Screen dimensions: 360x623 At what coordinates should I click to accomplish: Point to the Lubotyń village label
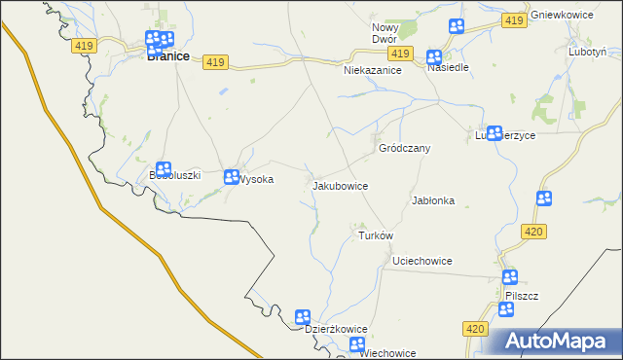tap(589, 52)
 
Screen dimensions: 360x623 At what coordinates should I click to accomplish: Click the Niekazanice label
tap(373, 71)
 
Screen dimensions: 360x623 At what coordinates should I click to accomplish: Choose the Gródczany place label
tap(404, 148)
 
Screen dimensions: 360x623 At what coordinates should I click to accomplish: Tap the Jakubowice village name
tap(340, 184)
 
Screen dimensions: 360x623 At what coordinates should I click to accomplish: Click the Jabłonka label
tap(433, 200)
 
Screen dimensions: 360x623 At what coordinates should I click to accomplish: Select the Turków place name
tap(375, 236)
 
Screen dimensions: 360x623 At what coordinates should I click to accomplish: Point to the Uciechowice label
tap(421, 262)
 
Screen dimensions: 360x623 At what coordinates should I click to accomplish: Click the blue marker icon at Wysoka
tap(232, 177)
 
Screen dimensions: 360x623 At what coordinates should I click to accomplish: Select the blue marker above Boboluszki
tap(164, 170)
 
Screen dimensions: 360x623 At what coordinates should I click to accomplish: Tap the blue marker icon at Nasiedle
tap(434, 57)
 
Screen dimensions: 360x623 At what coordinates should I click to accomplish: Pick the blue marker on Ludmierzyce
tap(494, 132)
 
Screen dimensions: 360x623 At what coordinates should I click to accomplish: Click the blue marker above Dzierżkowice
tap(303, 317)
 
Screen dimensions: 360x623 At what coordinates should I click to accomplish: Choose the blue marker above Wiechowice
tap(357, 344)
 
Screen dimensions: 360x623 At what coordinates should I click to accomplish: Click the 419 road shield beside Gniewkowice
tap(515, 20)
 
